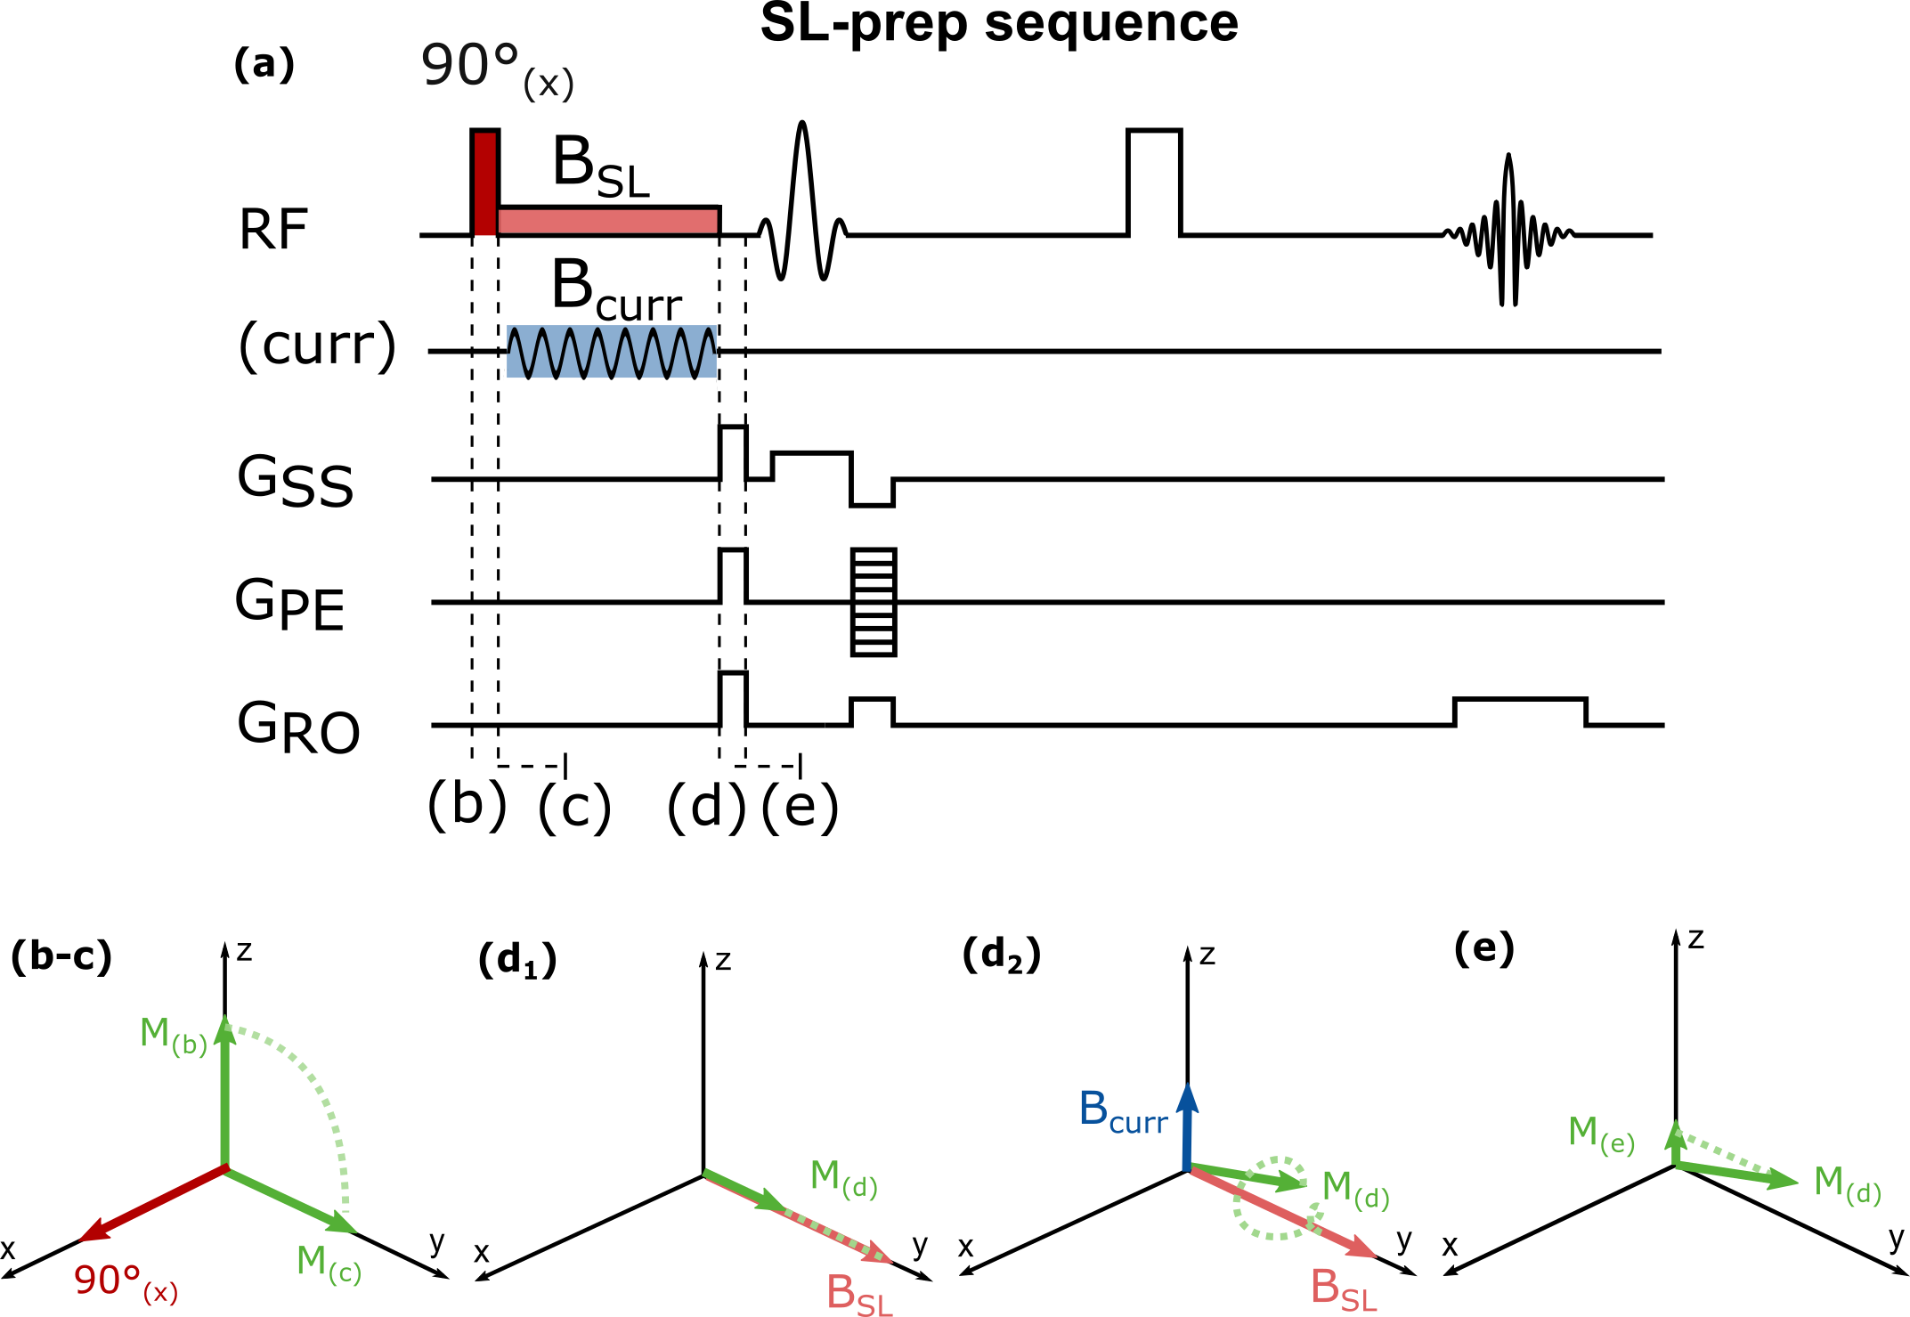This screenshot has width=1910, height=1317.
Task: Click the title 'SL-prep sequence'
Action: point(999,23)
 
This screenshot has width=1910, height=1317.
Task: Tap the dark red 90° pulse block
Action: point(485,183)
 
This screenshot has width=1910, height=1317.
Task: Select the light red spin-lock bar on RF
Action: point(609,221)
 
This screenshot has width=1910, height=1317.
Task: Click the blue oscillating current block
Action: point(612,352)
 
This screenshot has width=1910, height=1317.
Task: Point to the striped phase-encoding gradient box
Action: point(874,602)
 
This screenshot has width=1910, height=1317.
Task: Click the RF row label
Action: point(273,230)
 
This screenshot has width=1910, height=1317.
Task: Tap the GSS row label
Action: point(296,481)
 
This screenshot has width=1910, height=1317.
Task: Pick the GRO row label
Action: point(298,727)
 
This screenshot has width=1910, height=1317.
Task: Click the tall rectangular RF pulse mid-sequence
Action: point(1154,183)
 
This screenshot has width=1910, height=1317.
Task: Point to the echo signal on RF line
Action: point(1508,231)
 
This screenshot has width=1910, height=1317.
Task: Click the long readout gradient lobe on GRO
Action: point(1521,711)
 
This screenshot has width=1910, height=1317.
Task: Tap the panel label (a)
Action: point(264,65)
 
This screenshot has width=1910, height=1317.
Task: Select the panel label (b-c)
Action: point(61,956)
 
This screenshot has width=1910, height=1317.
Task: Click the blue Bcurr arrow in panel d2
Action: point(1187,1126)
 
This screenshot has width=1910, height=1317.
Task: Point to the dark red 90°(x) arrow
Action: point(152,1203)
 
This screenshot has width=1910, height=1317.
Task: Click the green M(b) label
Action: point(174,1036)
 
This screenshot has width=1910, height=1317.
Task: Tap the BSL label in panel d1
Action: point(859,1294)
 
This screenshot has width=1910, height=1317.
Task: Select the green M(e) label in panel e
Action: point(1602,1134)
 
